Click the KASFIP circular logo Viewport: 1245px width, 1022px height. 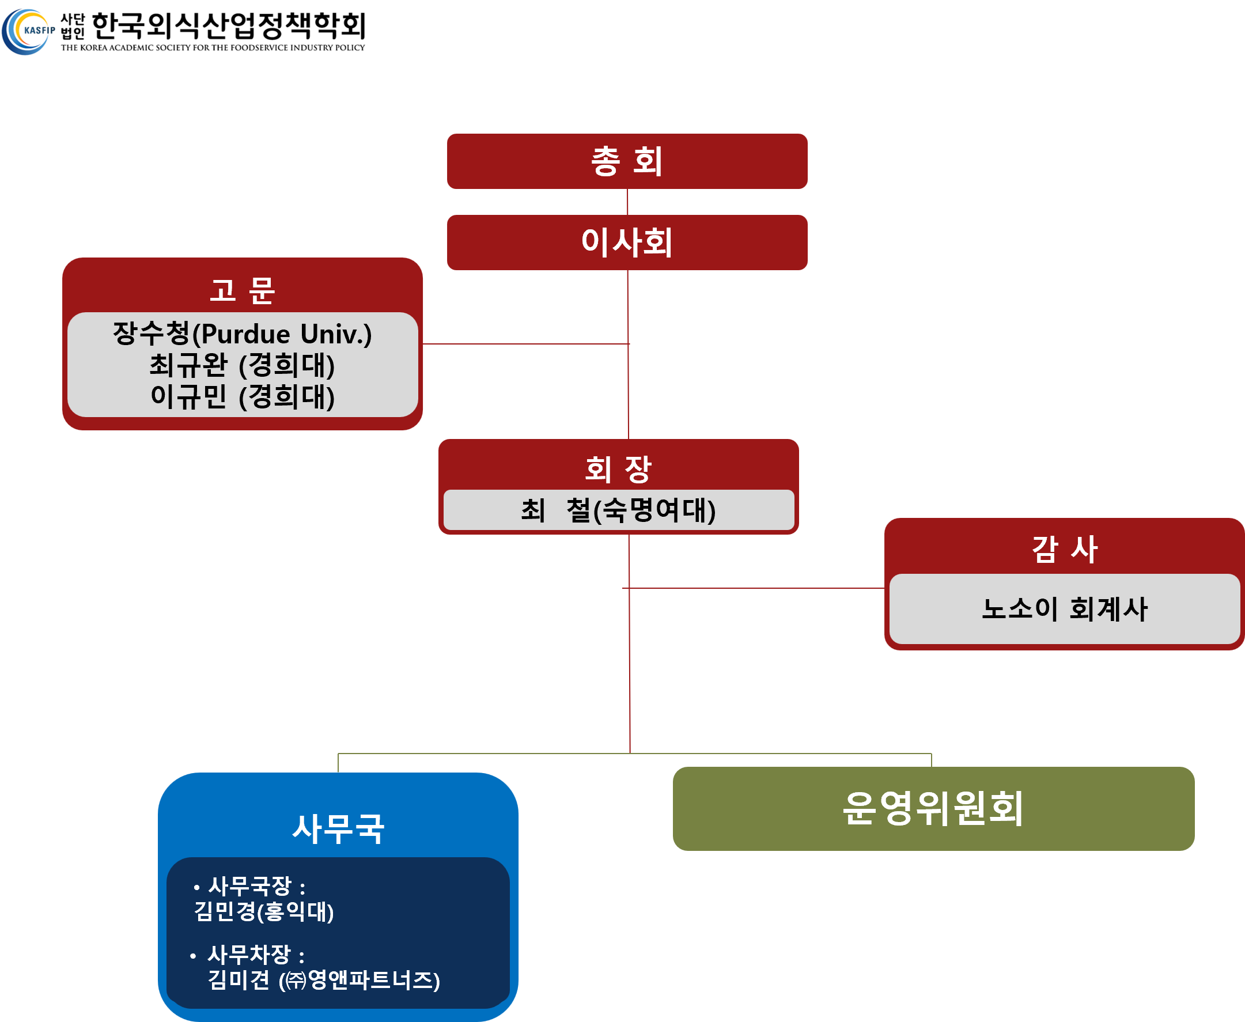tap(28, 31)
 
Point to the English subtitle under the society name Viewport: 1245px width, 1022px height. tap(213, 48)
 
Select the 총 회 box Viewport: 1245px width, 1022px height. tap(627, 161)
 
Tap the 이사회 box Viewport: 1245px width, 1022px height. tap(627, 243)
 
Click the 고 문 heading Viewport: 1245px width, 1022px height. tap(242, 290)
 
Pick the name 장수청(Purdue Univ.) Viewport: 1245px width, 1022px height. tap(242, 334)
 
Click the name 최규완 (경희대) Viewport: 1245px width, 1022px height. tap(242, 365)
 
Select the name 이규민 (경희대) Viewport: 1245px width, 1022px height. tap(242, 396)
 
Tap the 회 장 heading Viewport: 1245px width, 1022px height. tap(618, 469)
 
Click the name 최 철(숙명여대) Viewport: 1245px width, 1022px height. tap(618, 510)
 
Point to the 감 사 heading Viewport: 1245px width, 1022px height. tap(1064, 548)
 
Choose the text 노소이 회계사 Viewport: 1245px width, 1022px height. tap(1064, 608)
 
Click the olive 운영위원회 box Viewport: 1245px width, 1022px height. tap(933, 808)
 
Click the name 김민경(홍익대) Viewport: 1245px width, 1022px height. tap(264, 912)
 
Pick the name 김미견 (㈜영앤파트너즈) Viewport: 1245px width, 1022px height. tap(324, 980)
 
